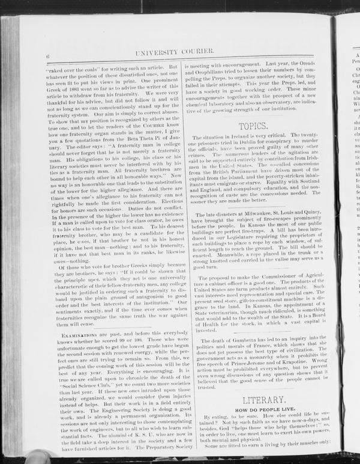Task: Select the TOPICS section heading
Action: pos(253,126)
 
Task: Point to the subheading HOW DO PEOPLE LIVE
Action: pos(259,409)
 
